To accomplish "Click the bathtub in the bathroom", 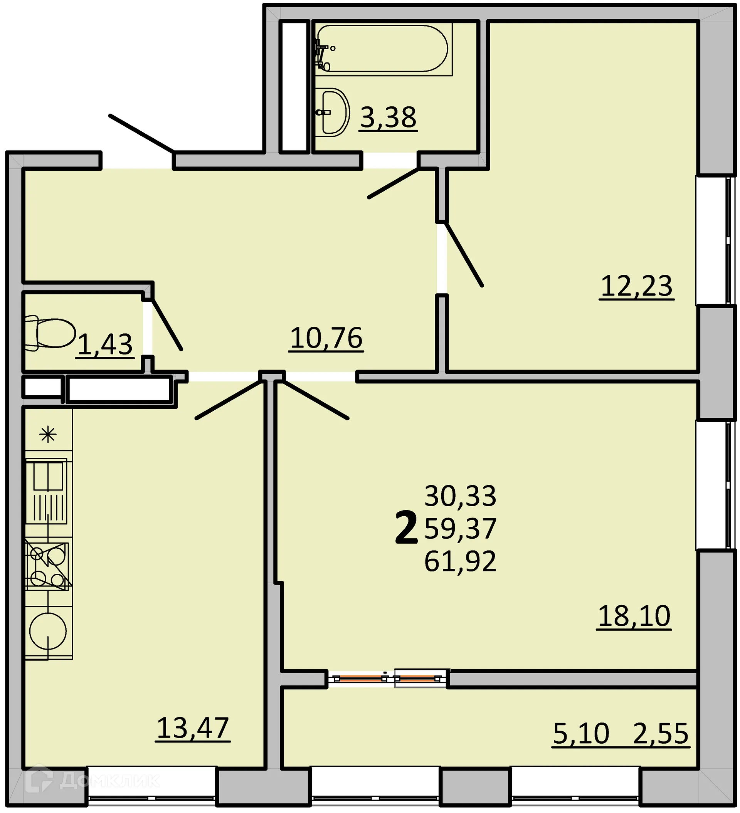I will point(381,49).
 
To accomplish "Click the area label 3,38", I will point(388,118).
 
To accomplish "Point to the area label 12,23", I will point(636,286).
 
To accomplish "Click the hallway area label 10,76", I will point(326,338).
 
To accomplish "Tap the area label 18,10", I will point(634,615).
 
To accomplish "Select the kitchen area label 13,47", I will point(192,728).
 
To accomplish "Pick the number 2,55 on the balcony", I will point(661,733).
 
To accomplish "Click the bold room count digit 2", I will point(406,527).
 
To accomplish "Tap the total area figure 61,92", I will point(460,561).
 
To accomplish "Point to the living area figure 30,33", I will point(460,496).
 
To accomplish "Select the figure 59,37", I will point(460,528).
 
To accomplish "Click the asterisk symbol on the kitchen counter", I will point(48,434).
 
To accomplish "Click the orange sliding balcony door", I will point(387,679).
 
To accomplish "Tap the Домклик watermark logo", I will point(93,781).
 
